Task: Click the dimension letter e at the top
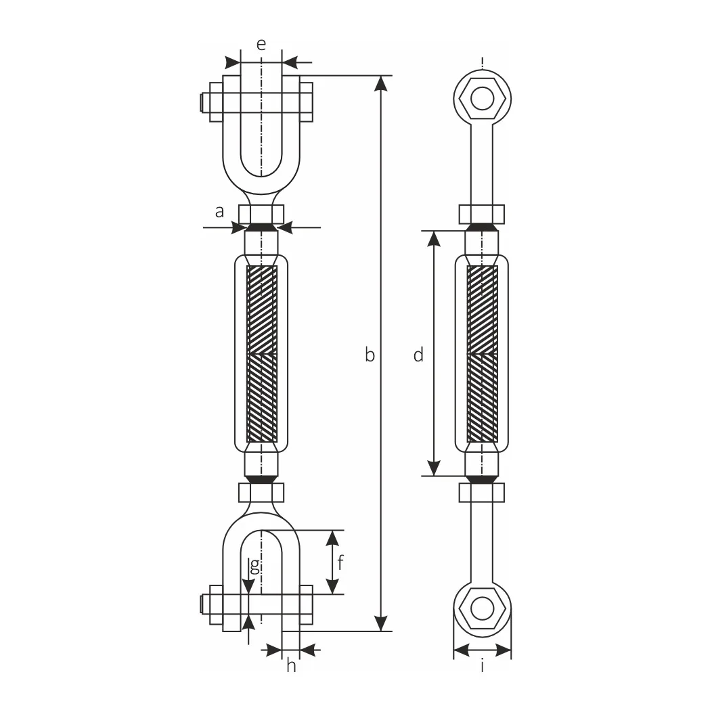pyautogui.click(x=261, y=45)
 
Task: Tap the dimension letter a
pyautogui.click(x=220, y=212)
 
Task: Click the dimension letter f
pyautogui.click(x=340, y=562)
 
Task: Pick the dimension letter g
pyautogui.click(x=255, y=566)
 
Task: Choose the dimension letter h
pyautogui.click(x=291, y=665)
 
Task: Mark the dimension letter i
pyautogui.click(x=482, y=666)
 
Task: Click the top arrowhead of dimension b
pyautogui.click(x=381, y=83)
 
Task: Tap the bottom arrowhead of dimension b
pyautogui.click(x=381, y=623)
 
